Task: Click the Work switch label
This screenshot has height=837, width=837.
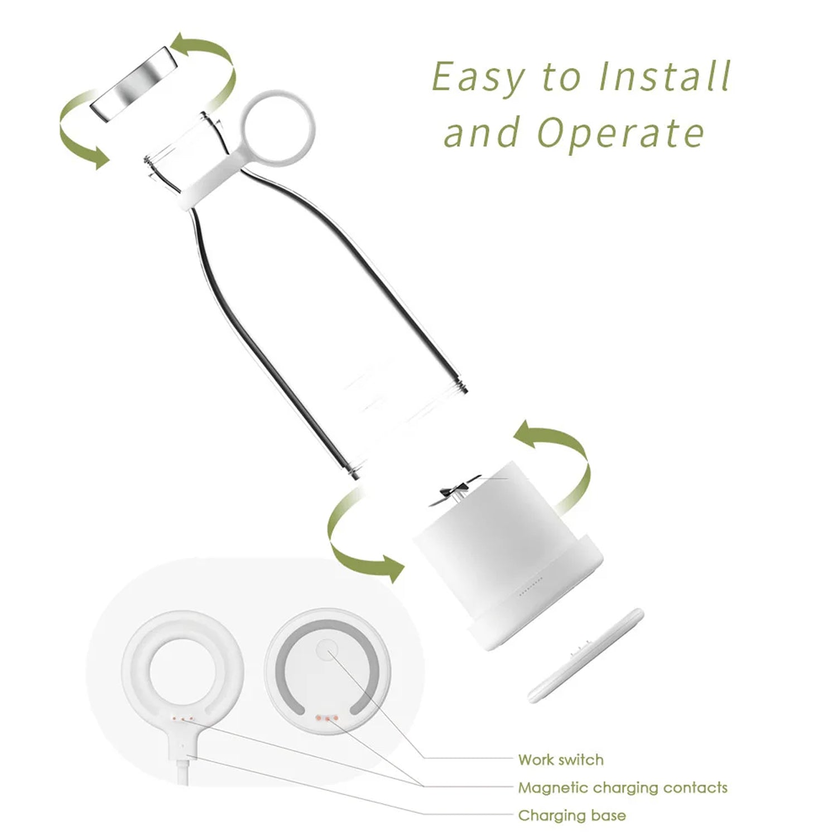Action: coord(561,759)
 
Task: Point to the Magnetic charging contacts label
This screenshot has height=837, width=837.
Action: coord(623,787)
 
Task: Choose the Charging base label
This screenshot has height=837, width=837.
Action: coord(572,815)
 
